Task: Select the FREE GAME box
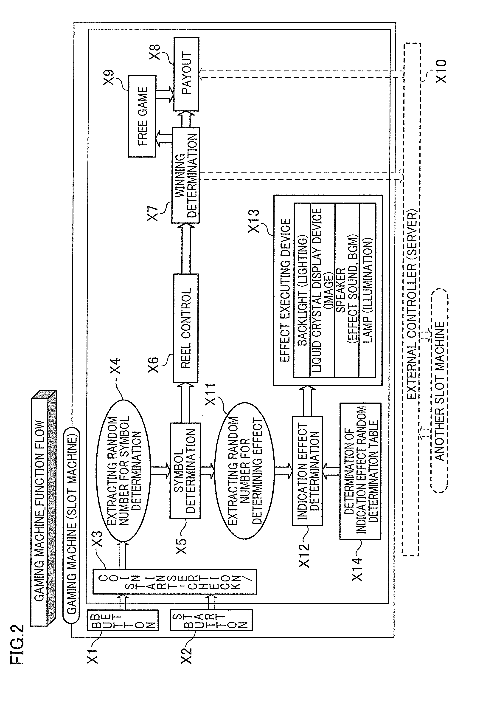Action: click(142, 116)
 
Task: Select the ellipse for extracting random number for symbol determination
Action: click(123, 464)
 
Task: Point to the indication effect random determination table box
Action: click(360, 471)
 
